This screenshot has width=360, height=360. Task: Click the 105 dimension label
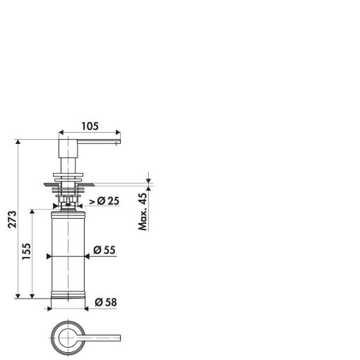(x=90, y=126)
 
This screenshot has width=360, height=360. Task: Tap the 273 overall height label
(x=13, y=220)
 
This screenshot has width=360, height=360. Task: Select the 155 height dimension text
(x=26, y=251)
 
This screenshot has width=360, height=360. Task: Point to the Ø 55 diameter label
(x=104, y=250)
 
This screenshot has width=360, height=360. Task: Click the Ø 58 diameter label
(x=106, y=302)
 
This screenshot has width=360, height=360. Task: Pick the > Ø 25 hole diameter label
(x=104, y=201)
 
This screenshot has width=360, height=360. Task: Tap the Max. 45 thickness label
(x=143, y=212)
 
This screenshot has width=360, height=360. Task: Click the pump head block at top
(x=68, y=148)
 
